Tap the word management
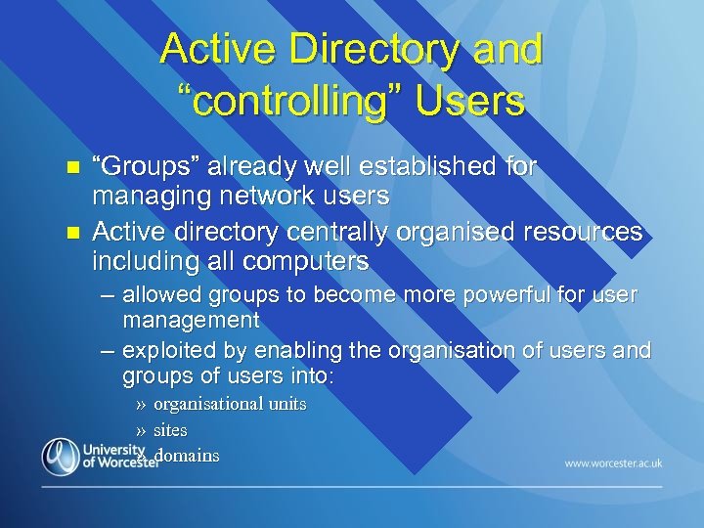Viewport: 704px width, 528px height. tap(191, 320)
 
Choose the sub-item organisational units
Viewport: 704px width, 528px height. tap(230, 403)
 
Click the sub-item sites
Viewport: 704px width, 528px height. tap(170, 429)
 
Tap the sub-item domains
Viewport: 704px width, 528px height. tap(187, 455)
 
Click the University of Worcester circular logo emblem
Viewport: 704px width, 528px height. tap(61, 457)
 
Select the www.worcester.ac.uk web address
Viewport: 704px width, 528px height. tap(613, 462)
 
